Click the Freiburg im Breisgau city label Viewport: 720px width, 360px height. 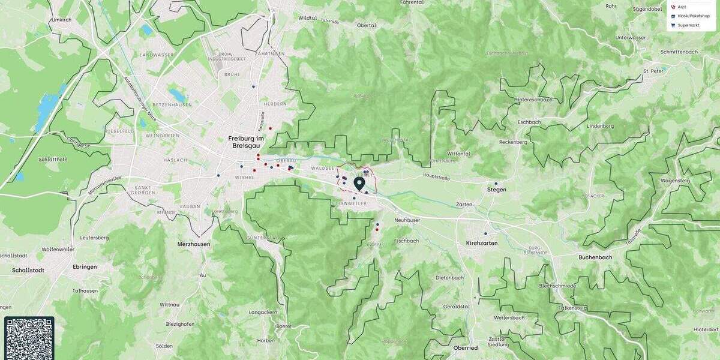pos(245,142)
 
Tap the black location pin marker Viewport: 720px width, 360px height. pos(359,183)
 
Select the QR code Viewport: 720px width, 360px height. pos(29,338)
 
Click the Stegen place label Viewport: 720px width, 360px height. pos(497,190)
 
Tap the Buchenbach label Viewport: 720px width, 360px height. pos(595,257)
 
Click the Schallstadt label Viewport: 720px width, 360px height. pos(28,270)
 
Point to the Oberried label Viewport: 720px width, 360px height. pos(465,348)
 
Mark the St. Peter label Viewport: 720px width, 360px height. pos(652,71)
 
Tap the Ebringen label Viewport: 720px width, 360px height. pos(85,266)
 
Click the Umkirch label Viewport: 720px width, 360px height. pos(61,20)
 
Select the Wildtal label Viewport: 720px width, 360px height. pos(307,18)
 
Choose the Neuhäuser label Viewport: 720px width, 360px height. pos(407,220)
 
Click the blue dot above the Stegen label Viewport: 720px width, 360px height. pos(496,183)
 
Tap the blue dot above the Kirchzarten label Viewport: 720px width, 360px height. pos(485,233)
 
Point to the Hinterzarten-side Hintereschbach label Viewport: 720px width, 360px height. pos(533,100)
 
